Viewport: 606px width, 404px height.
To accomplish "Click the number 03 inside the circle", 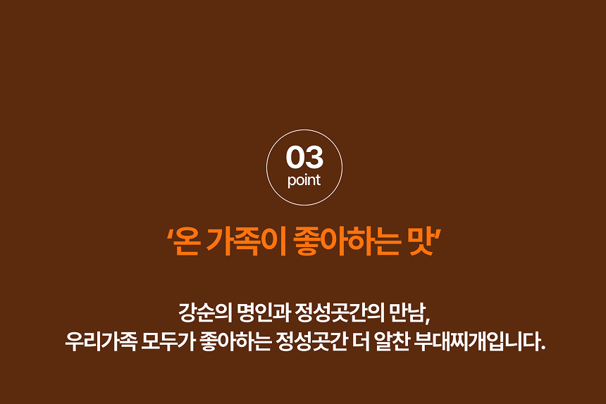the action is click(x=304, y=157).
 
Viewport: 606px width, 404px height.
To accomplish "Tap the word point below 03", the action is click(x=304, y=181).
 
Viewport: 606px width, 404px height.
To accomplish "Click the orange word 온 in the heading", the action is click(x=185, y=242).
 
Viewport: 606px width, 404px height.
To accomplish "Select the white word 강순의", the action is click(x=205, y=313).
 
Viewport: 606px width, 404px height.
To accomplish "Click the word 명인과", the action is click(x=264, y=313).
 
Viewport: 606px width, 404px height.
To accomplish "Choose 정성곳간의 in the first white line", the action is click(x=340, y=313).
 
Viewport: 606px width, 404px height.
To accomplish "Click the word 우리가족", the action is click(x=101, y=341).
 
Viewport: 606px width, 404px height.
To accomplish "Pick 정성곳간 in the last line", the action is click(x=311, y=341).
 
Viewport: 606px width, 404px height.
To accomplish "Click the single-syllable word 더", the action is click(x=361, y=341).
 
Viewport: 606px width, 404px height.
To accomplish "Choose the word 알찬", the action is click(x=392, y=341).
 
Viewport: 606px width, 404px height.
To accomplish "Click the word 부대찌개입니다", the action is click(x=479, y=341).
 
